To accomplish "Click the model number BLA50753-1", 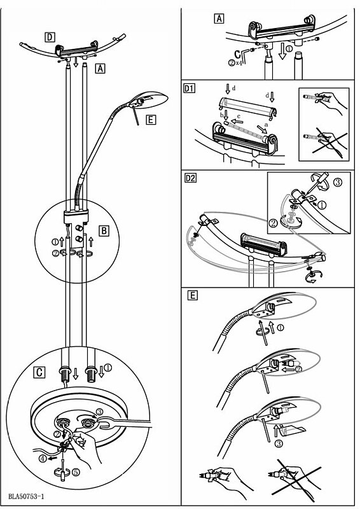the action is point(26,496).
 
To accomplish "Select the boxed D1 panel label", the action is point(190,88).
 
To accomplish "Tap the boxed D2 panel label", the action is point(190,178).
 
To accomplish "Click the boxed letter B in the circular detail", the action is point(104,231).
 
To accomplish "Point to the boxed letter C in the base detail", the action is point(39,372).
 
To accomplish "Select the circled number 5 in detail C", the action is point(75,472).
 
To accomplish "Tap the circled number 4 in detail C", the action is point(42,459).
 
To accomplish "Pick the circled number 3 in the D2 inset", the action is point(338,182).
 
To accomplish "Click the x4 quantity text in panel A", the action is point(239,62).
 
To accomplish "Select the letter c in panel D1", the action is point(239,116).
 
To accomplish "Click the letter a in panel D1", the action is point(267,124).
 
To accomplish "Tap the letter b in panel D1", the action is point(222,115).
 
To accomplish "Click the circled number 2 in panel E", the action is point(299,369).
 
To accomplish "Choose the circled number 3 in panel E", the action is point(279,443).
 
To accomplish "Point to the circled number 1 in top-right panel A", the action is point(289,48).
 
